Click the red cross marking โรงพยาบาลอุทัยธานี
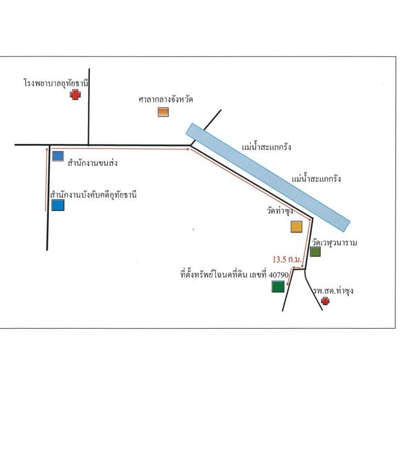[75, 95]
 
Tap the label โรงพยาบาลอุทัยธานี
[56, 83]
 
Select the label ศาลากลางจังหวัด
[165, 100]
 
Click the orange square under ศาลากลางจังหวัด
[163, 112]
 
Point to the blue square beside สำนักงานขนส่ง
[58, 156]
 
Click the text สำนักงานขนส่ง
[93, 163]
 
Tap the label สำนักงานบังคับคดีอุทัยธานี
[93, 194]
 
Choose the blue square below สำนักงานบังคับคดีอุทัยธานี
[58, 205]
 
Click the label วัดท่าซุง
[280, 211]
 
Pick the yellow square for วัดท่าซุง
[296, 227]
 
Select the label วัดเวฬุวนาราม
[334, 243]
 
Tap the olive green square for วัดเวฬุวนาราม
[316, 251]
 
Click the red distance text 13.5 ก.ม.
[287, 259]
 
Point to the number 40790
[278, 274]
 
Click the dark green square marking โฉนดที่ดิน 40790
[278, 286]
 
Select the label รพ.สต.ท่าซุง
[333, 290]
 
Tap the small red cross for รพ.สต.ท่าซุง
[325, 301]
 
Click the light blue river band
[268, 177]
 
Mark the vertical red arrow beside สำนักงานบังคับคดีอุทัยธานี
[47, 180]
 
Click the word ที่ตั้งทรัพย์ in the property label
[197, 274]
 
